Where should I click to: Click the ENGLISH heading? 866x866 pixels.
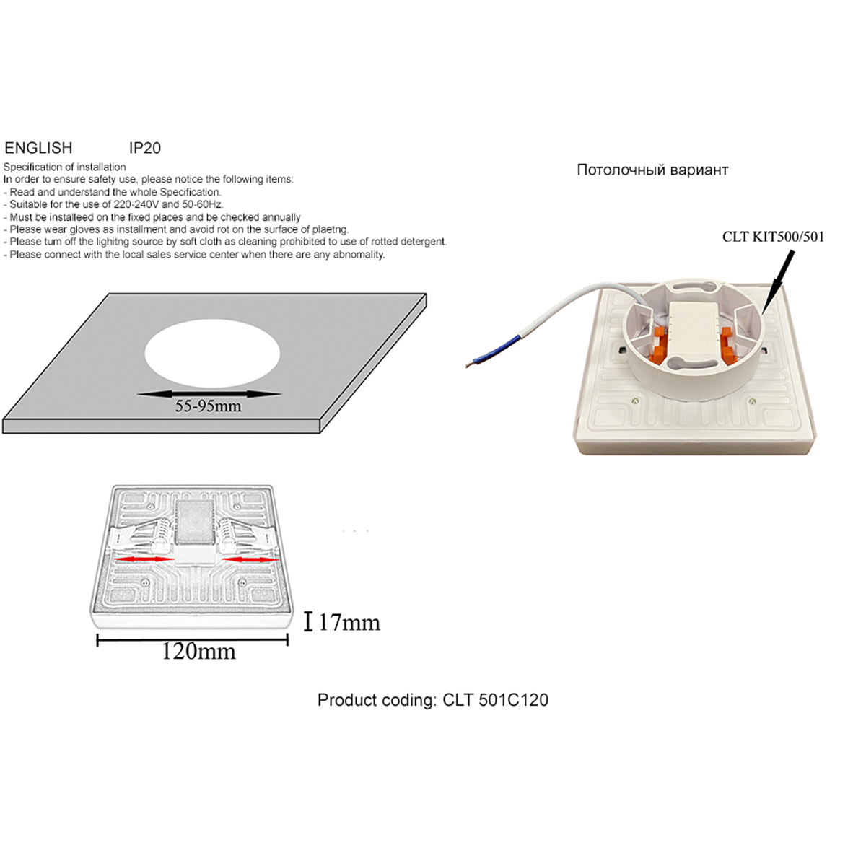[38, 148]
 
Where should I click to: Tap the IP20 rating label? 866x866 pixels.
[145, 148]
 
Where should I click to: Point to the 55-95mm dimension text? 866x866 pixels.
[208, 406]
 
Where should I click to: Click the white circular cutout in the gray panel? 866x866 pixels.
[212, 354]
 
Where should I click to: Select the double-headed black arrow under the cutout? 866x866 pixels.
[209, 394]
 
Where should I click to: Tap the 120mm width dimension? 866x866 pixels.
[198, 651]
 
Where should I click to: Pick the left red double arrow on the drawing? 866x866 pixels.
[144, 559]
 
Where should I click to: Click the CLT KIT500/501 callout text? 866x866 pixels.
[773, 237]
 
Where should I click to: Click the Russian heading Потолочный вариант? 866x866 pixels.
[652, 170]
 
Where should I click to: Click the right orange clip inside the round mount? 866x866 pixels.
[727, 344]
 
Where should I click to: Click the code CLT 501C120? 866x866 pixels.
[495, 700]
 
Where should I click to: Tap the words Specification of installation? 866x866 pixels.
[65, 167]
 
